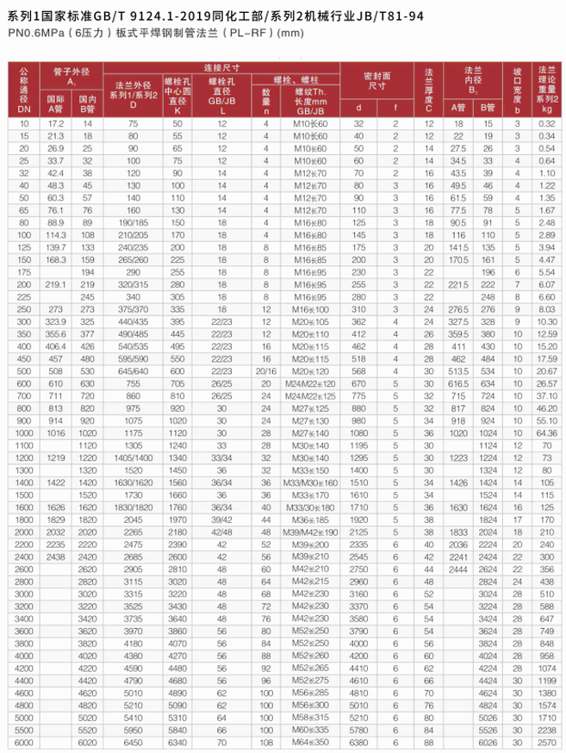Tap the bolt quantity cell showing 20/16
[x=266, y=370]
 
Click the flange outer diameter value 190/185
[x=134, y=222]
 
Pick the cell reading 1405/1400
[x=134, y=457]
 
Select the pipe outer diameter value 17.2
[x=56, y=124]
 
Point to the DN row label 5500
[x=22, y=730]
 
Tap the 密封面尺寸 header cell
[x=376, y=82]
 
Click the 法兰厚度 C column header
[x=428, y=90]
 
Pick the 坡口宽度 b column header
[x=517, y=90]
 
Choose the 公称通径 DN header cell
[x=22, y=90]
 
